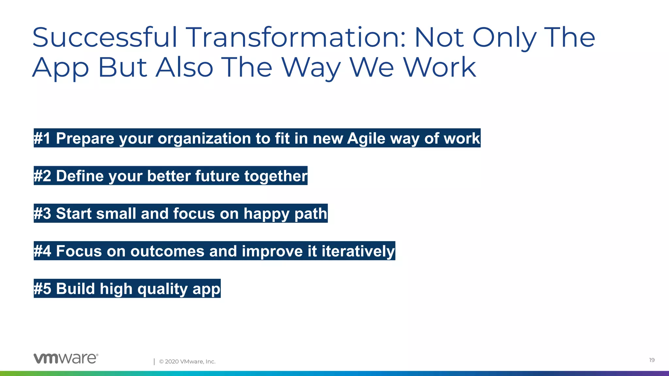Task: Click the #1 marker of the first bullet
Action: (42, 138)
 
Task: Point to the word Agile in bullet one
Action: (366, 138)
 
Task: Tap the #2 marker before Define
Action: (42, 176)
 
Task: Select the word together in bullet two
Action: (275, 176)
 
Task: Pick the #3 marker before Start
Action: (42, 213)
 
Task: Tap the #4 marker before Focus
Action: (42, 251)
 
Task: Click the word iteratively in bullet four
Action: (358, 251)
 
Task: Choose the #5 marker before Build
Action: (42, 289)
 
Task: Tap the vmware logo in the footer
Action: (66, 358)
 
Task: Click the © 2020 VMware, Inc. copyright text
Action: (187, 361)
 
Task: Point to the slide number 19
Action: (652, 360)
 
